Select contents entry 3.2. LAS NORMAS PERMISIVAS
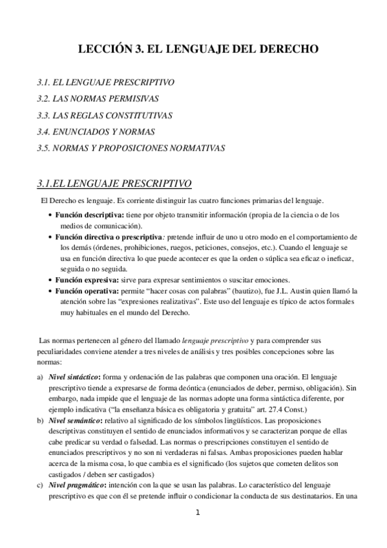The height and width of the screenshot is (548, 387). pos(98,99)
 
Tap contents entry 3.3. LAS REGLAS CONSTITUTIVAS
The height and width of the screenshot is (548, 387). pos(104,115)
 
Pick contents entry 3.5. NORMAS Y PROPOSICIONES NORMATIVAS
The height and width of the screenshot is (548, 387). pos(131,147)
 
